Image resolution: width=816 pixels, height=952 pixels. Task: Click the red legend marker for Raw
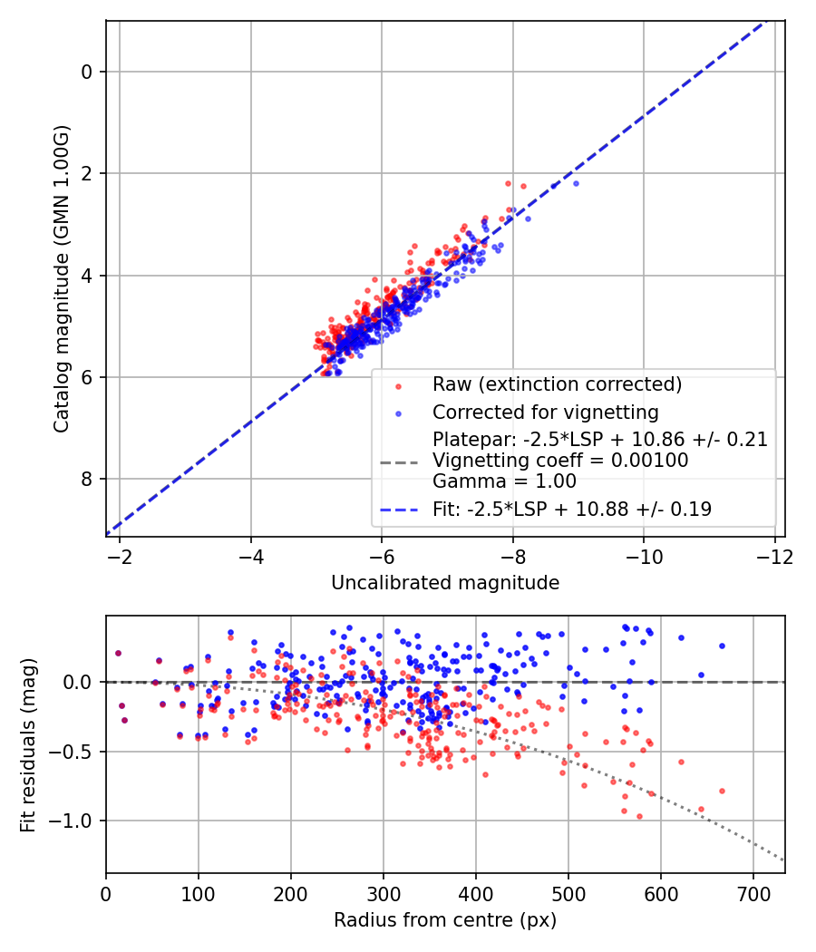click(x=397, y=384)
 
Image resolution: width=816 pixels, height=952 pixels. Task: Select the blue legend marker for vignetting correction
click(x=397, y=411)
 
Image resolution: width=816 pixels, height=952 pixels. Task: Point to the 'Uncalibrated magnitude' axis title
click(x=445, y=582)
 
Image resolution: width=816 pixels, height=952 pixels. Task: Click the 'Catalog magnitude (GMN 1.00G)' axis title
click(x=61, y=280)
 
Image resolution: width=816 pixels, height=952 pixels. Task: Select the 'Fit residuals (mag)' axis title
click(x=28, y=743)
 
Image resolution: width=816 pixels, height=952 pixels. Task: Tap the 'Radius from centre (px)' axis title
click(x=445, y=920)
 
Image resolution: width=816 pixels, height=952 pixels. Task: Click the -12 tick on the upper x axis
click(x=774, y=554)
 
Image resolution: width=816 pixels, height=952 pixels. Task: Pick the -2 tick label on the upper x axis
click(x=120, y=554)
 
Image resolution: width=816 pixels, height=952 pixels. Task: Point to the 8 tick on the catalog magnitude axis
click(x=88, y=479)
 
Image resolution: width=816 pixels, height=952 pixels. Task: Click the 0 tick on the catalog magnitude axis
click(x=88, y=72)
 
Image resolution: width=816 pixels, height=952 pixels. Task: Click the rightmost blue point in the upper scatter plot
click(x=576, y=183)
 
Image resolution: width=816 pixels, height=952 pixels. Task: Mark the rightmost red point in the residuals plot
click(x=722, y=791)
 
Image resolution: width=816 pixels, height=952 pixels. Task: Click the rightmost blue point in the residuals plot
click(x=722, y=646)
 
